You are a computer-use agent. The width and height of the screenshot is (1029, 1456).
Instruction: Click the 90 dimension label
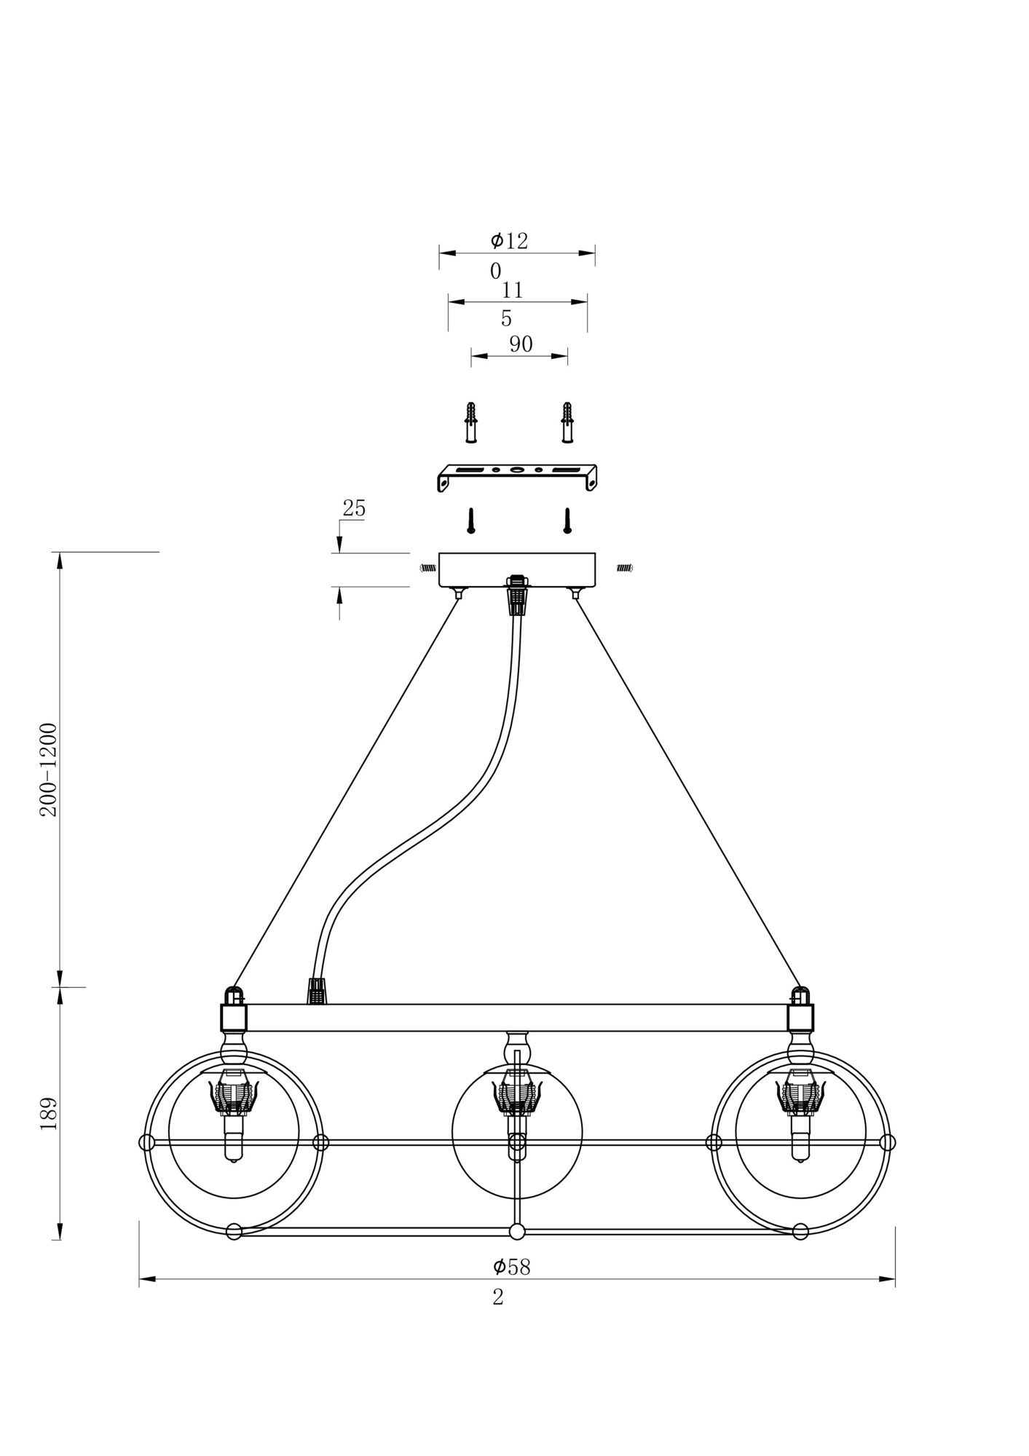521,344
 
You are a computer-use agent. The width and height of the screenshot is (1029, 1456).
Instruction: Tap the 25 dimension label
354,508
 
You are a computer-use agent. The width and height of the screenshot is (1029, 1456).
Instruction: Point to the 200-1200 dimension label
49,769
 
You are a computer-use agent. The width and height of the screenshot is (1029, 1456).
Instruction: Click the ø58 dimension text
511,1267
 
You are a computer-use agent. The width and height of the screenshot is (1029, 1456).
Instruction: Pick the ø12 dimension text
509,241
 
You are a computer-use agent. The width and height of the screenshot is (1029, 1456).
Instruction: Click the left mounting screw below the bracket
471,521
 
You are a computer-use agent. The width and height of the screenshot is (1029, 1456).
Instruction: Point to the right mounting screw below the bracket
567,521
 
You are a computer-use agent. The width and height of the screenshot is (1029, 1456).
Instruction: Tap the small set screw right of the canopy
625,568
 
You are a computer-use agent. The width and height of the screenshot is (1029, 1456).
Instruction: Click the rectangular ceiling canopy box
517,570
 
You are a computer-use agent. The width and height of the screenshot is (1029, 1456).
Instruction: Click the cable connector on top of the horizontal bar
316,992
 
